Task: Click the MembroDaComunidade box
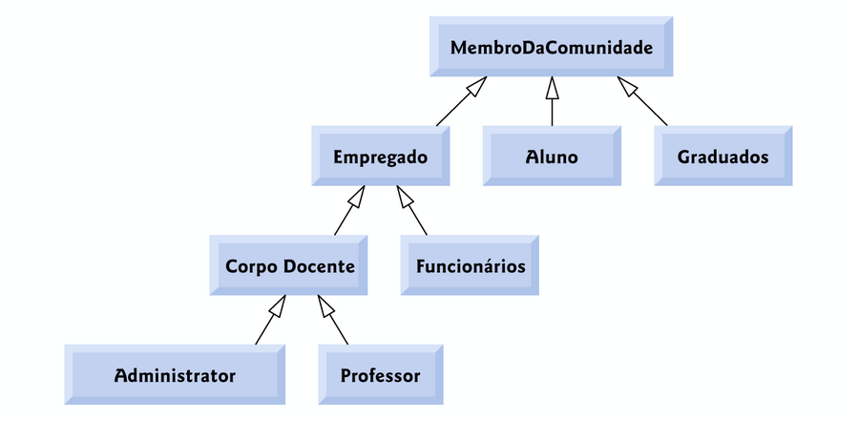pyautogui.click(x=551, y=47)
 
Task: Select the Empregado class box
pyautogui.click(x=380, y=157)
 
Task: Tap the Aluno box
pyautogui.click(x=552, y=157)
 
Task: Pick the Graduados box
pyautogui.click(x=723, y=157)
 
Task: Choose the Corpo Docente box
pyautogui.click(x=289, y=265)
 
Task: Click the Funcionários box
pyautogui.click(x=471, y=265)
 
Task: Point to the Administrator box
pyautogui.click(x=175, y=375)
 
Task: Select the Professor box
pyautogui.click(x=380, y=375)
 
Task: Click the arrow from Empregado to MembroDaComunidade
pyautogui.click(x=458, y=103)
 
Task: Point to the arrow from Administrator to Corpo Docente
pyautogui.click(x=269, y=322)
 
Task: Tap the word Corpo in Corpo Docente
pyautogui.click(x=251, y=265)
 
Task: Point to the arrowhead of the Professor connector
pyautogui.click(x=325, y=305)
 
